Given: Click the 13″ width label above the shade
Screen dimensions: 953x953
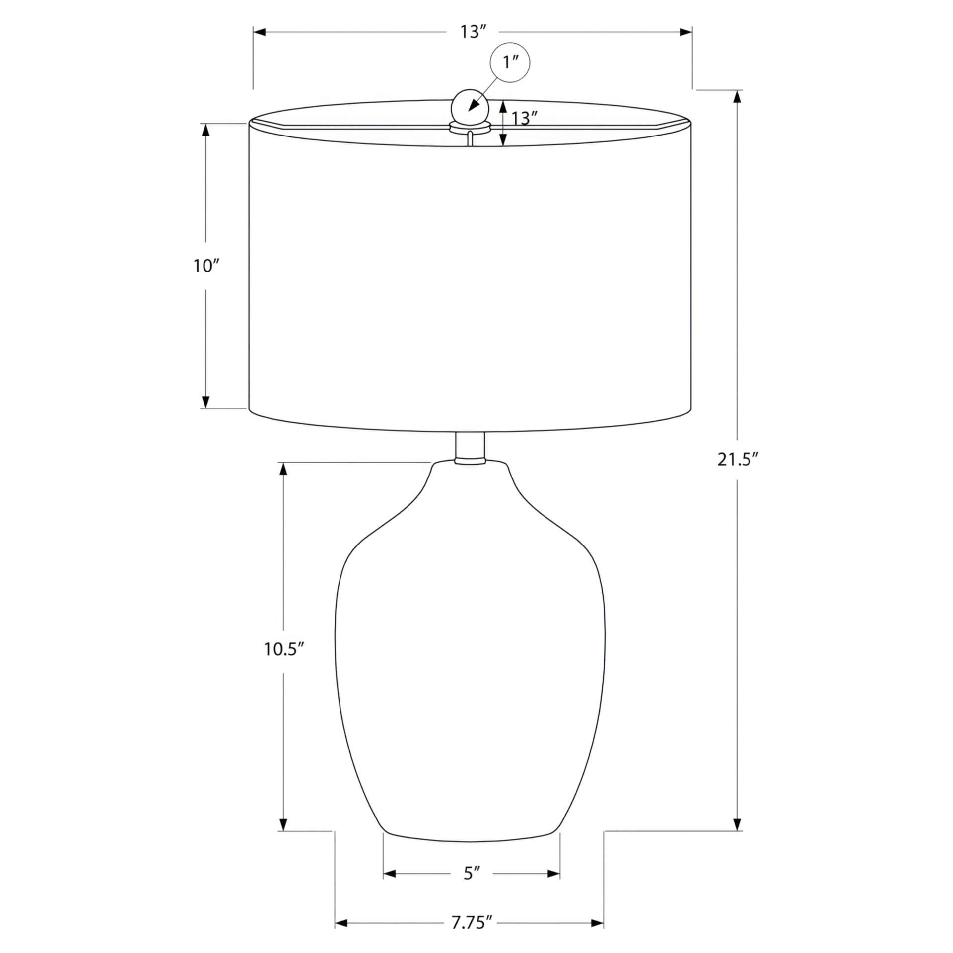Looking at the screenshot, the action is pyautogui.click(x=472, y=32).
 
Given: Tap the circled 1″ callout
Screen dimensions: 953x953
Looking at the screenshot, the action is pyautogui.click(x=510, y=63).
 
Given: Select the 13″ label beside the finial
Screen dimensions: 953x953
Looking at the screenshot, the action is pyautogui.click(x=525, y=118).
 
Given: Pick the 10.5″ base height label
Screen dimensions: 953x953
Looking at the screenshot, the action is pyautogui.click(x=283, y=649).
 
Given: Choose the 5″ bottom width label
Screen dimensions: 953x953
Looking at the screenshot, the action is pyautogui.click(x=472, y=873).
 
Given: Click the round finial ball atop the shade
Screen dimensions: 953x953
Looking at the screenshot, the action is pyautogui.click(x=470, y=106).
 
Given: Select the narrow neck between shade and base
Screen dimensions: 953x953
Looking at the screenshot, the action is pyautogui.click(x=470, y=448).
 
